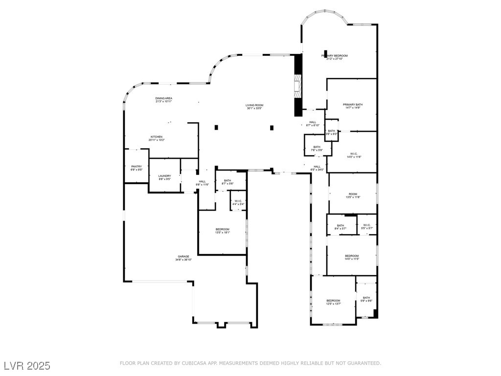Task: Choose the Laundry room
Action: click(164, 177)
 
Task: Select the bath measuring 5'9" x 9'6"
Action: click(366, 299)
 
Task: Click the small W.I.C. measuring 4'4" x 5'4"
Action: click(238, 202)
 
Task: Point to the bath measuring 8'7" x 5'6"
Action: click(228, 182)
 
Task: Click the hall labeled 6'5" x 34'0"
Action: click(317, 168)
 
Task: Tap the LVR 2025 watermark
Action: click(26, 366)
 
